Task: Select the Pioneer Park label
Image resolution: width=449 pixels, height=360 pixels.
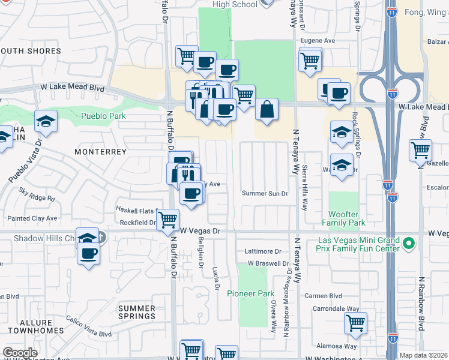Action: (x=250, y=293)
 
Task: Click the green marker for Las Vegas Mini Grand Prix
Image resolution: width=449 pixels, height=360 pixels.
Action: (x=409, y=244)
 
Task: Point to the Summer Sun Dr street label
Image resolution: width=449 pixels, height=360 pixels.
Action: (x=265, y=193)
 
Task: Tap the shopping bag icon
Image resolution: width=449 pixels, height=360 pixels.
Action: (x=267, y=110)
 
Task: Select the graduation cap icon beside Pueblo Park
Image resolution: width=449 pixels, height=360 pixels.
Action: (x=46, y=122)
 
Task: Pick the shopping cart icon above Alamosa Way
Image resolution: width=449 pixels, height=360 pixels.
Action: (x=355, y=322)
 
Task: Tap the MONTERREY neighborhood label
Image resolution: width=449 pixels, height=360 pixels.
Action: (x=100, y=152)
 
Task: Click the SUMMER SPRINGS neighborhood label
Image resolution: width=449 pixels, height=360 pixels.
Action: (x=137, y=312)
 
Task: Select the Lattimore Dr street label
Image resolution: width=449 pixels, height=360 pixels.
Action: (x=263, y=251)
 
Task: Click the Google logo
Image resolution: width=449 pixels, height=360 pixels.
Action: (x=20, y=353)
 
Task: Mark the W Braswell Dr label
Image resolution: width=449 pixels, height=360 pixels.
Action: (x=268, y=263)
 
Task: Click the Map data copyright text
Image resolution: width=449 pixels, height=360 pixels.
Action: (x=424, y=355)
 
